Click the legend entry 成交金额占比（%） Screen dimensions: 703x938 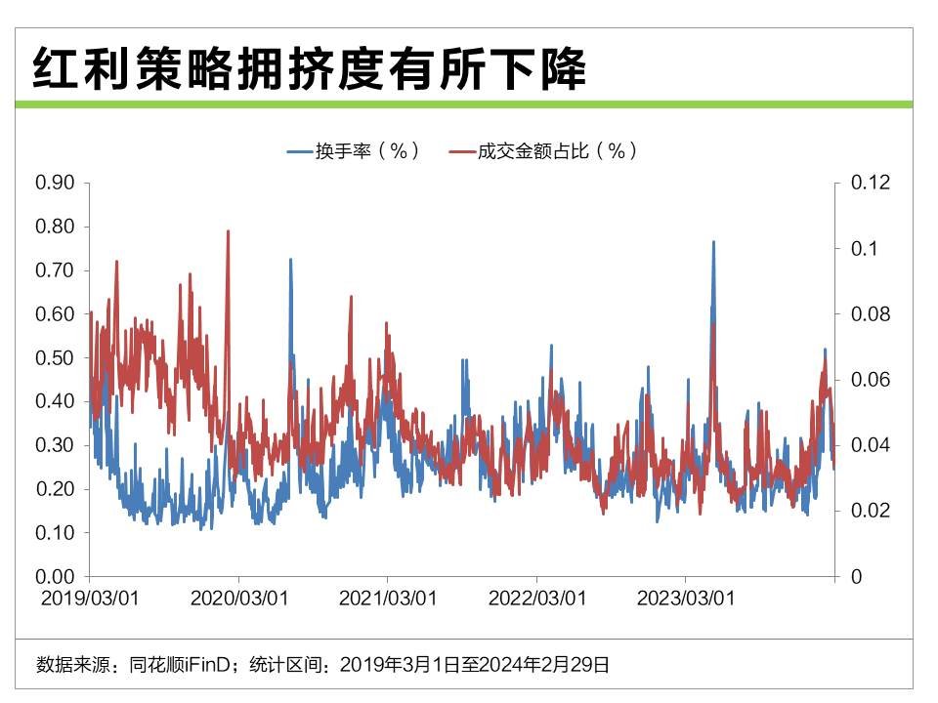(x=545, y=151)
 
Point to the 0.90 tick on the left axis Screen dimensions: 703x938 (x=56, y=183)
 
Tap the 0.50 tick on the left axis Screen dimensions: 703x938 (x=56, y=357)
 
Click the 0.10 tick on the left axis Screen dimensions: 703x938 (x=56, y=533)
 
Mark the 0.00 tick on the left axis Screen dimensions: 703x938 (x=56, y=577)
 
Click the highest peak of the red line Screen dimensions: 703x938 (x=228, y=232)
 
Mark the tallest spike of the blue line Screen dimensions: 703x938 (x=713, y=242)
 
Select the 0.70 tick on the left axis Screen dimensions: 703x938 (x=56, y=270)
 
